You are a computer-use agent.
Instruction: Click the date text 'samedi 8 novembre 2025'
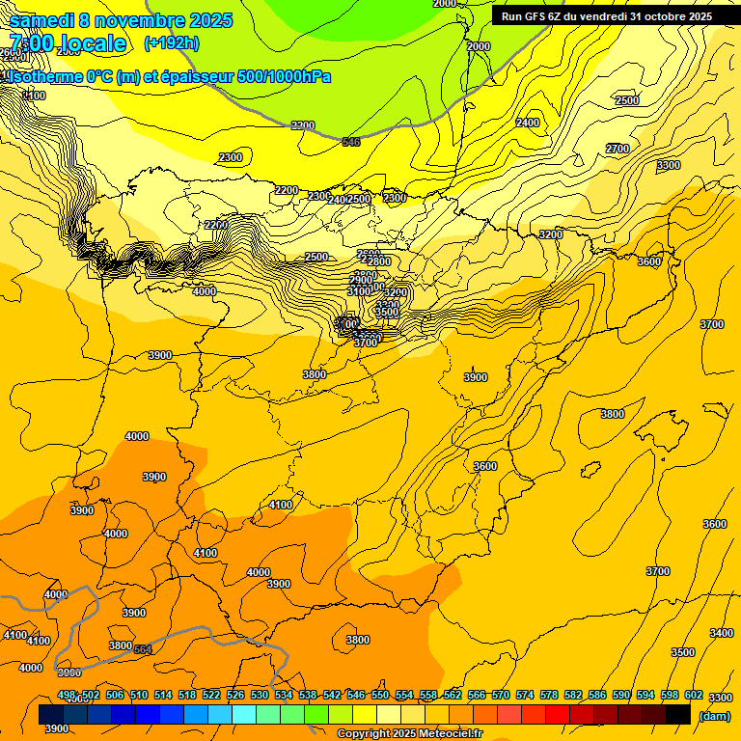(x=121, y=20)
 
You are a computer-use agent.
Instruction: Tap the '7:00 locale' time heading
(x=68, y=43)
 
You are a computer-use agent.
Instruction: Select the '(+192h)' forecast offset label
(x=172, y=42)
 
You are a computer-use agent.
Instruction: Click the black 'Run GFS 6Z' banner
(x=606, y=16)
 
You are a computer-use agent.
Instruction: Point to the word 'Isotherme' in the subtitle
(x=44, y=77)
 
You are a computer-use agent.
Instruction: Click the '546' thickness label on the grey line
(x=351, y=143)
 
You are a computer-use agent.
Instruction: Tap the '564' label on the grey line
(x=143, y=649)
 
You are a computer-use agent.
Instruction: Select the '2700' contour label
(x=617, y=149)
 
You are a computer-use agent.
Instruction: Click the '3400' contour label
(x=721, y=633)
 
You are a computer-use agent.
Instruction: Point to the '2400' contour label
(x=528, y=123)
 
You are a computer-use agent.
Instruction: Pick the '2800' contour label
(x=378, y=261)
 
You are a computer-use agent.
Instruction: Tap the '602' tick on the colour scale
(x=692, y=695)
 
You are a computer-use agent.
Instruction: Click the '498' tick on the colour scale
(x=67, y=695)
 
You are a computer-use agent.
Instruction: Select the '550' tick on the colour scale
(x=380, y=695)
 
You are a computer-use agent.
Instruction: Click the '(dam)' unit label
(x=715, y=715)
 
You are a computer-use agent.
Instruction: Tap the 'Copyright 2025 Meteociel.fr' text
(x=409, y=734)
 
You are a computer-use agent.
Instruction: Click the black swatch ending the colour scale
(x=678, y=714)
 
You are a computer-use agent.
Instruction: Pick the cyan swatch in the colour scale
(x=244, y=714)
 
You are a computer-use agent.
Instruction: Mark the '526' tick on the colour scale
(x=235, y=695)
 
